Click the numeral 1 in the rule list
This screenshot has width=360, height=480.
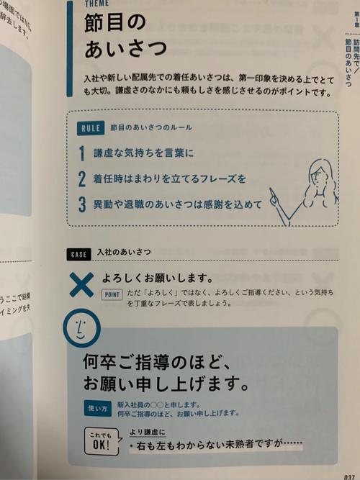click(83, 153)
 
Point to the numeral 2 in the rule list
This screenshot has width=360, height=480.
click(83, 178)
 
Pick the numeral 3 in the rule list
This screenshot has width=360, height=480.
click(83, 204)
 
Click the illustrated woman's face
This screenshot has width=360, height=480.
click(316, 173)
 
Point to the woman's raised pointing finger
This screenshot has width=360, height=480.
click(271, 192)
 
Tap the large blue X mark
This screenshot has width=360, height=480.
click(81, 285)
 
